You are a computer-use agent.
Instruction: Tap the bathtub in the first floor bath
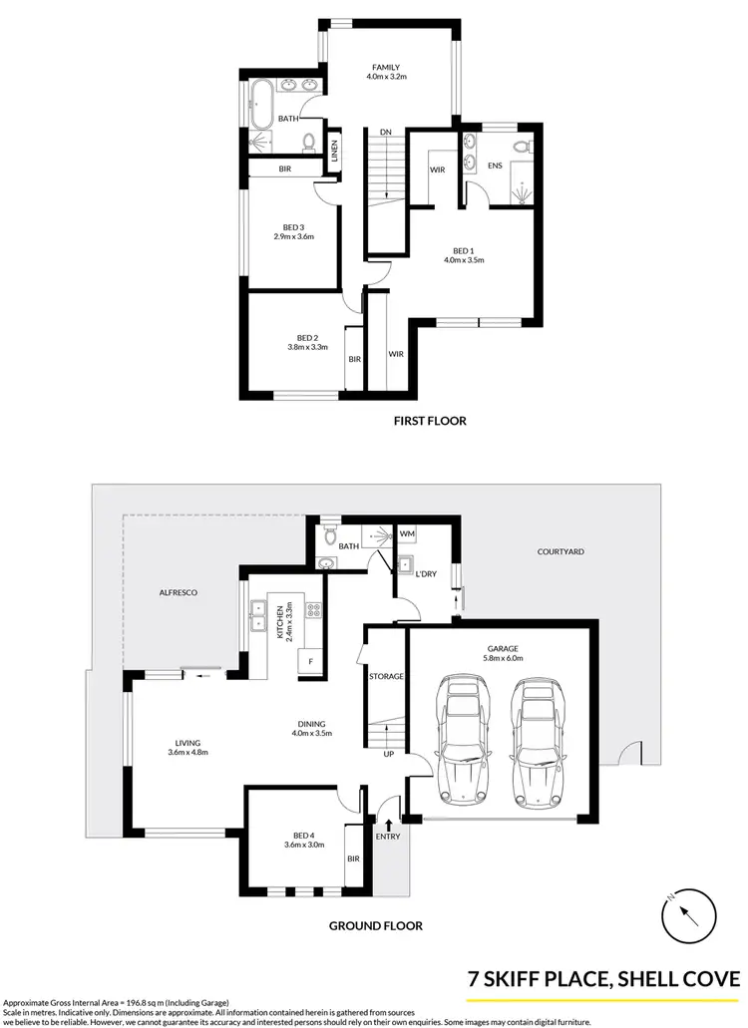tap(262, 102)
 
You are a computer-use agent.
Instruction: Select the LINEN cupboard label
tap(334, 151)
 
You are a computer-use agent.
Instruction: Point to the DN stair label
tap(384, 132)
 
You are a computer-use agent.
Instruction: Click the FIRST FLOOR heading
tap(430, 421)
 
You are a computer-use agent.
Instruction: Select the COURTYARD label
tap(561, 551)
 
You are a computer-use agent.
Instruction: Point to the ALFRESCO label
tap(179, 592)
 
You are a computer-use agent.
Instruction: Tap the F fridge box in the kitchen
tap(310, 661)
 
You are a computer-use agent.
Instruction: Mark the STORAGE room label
tap(386, 677)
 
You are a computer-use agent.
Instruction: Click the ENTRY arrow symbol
tap(388, 822)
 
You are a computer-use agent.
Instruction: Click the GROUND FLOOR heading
tap(376, 925)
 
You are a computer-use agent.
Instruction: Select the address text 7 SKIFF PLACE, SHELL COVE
tap(604, 979)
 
